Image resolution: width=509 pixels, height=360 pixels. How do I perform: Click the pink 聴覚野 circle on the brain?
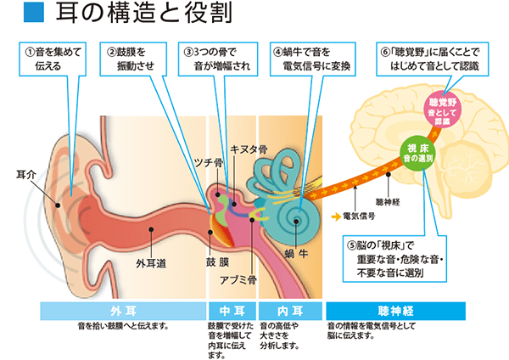(446, 110)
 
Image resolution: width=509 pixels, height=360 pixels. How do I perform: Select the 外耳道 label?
(149, 263)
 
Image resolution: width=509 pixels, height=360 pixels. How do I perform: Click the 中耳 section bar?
(231, 308)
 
